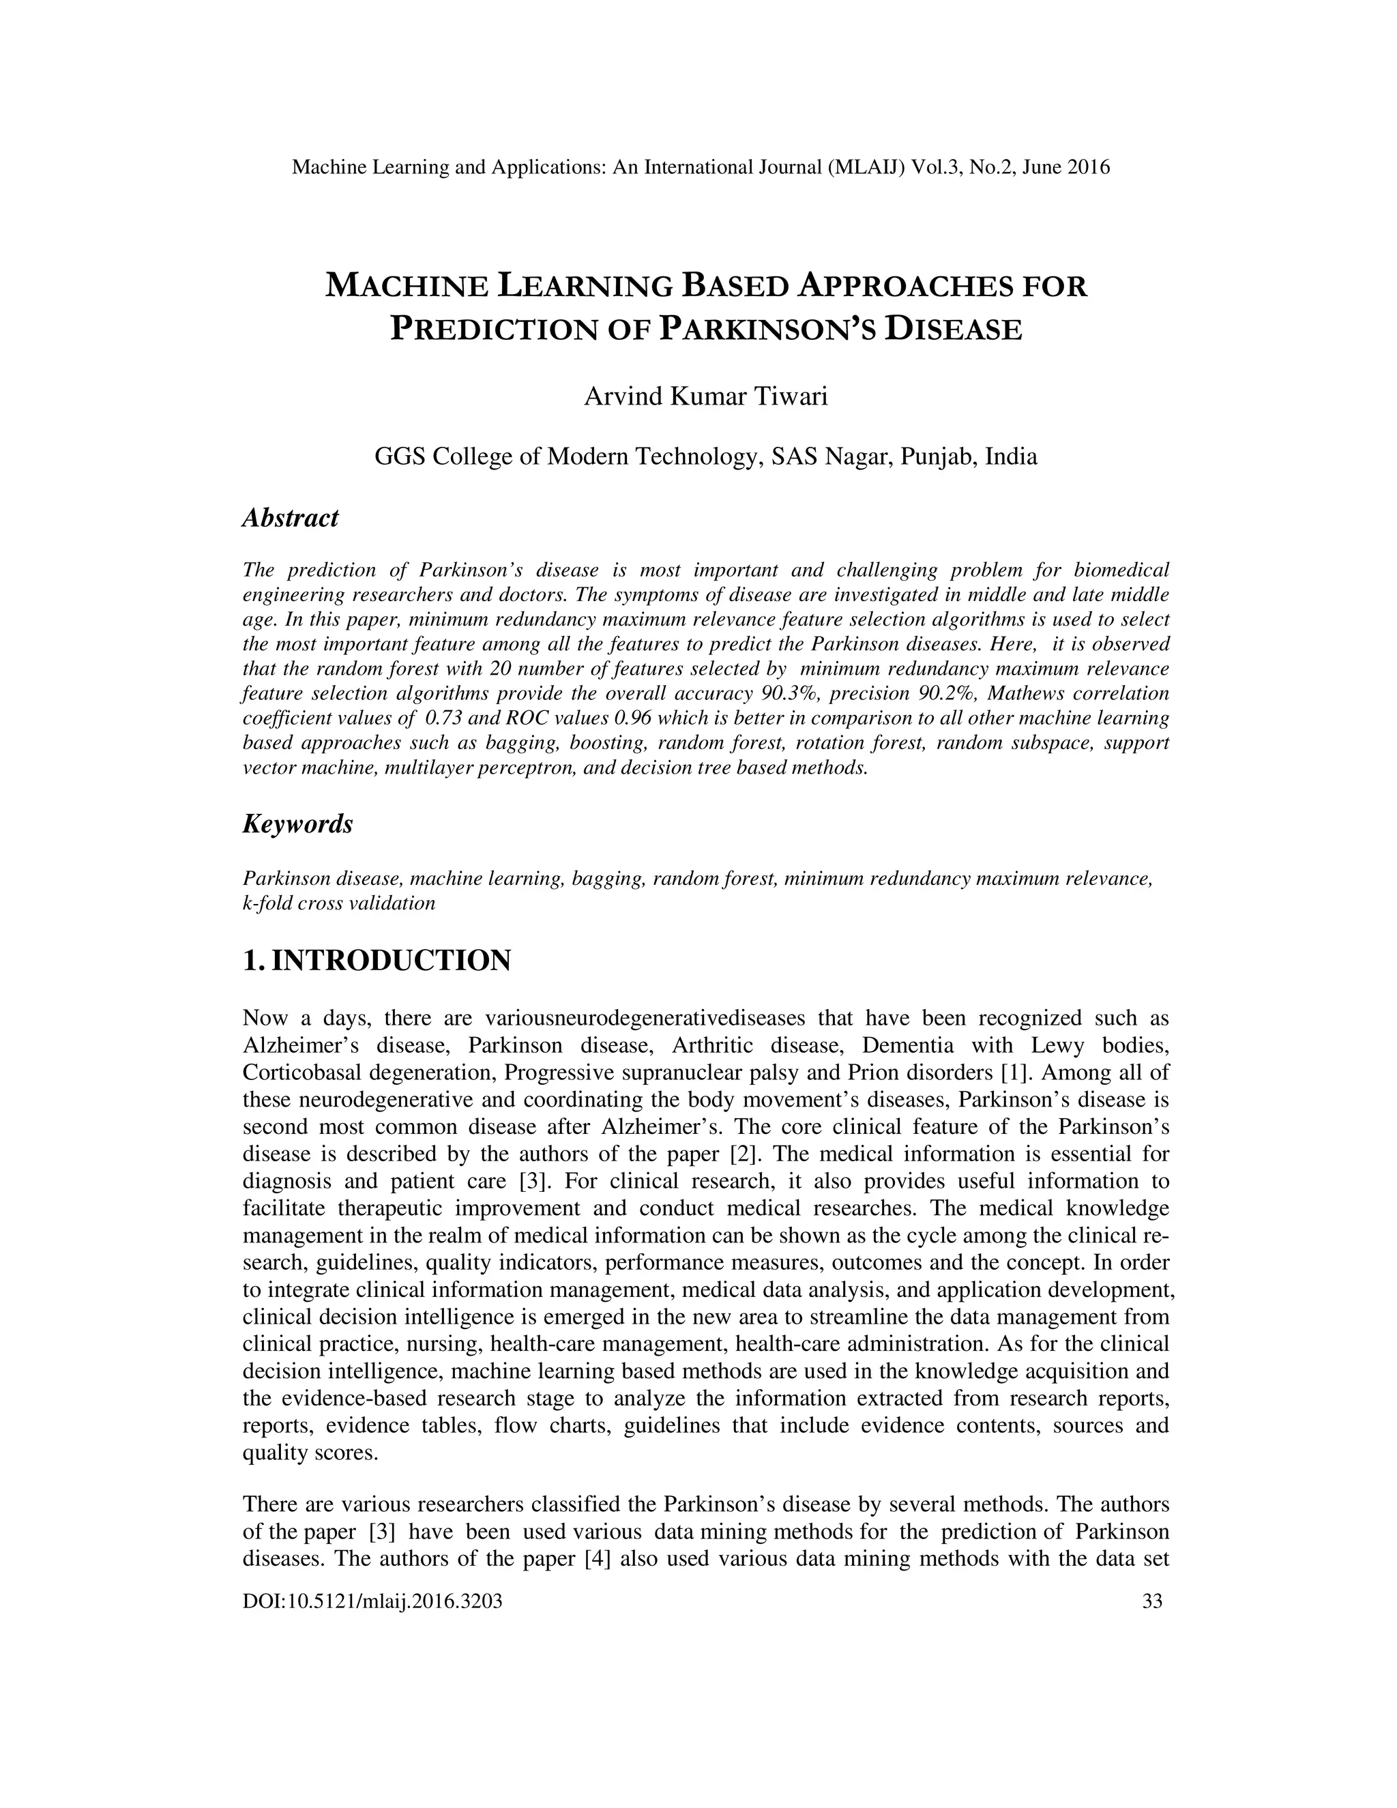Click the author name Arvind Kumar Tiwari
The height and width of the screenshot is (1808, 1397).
(705, 396)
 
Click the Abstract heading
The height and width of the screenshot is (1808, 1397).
(290, 519)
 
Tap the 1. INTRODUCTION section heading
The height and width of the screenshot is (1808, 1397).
(377, 961)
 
